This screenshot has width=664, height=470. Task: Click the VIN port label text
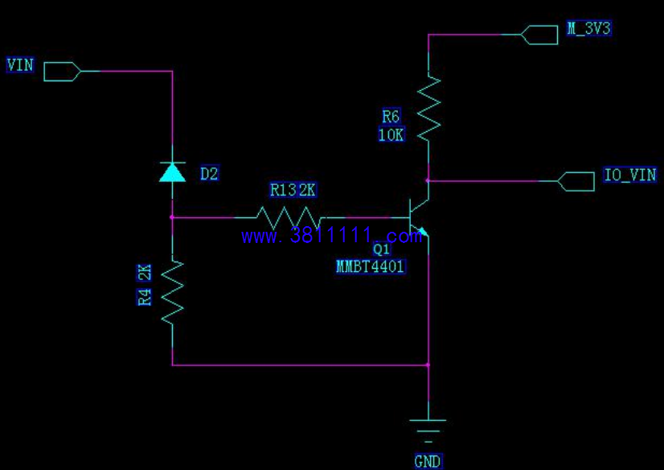coord(20,65)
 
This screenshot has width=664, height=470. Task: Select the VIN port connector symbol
coord(62,71)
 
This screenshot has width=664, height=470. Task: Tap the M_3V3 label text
coord(589,28)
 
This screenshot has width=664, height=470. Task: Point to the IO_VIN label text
coord(630,175)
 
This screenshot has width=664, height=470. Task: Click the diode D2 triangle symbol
coord(172,172)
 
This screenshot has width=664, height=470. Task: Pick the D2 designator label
coord(209,174)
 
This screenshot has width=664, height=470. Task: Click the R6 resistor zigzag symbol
coord(429,108)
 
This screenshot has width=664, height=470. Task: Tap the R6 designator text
coord(391,116)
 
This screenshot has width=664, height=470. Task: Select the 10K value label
coord(391,134)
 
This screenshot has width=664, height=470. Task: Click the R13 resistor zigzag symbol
coord(289,218)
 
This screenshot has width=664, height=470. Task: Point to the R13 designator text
coord(283,190)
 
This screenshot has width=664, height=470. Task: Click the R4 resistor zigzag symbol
coord(172,293)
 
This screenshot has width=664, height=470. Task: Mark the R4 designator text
coord(145,297)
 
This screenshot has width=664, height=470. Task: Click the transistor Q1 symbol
coord(418,218)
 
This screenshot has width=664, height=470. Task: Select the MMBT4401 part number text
coord(371,266)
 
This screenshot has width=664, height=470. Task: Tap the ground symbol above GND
coord(428,431)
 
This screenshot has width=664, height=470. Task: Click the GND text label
coord(428,461)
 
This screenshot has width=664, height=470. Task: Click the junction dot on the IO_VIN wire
coord(428,180)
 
